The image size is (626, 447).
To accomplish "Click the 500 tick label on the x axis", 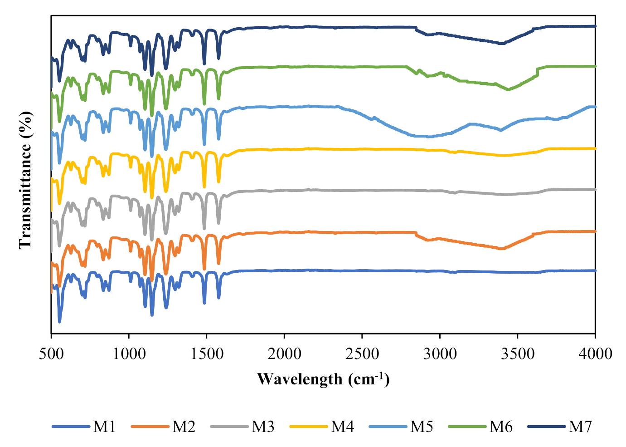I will click(x=51, y=354).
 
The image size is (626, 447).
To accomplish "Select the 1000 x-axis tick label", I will click(x=129, y=354).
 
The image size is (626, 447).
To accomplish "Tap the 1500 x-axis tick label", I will click(x=207, y=354).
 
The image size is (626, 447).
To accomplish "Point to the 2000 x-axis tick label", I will click(x=284, y=354).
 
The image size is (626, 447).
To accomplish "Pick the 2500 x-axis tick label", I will click(x=362, y=354).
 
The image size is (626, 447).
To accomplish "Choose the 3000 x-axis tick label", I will click(x=440, y=354).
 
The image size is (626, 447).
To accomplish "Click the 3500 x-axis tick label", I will click(x=518, y=354).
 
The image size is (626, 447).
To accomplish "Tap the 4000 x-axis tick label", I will click(x=595, y=354).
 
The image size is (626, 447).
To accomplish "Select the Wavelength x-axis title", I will click(x=323, y=378).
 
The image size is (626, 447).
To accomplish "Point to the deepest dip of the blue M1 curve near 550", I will click(x=59, y=321).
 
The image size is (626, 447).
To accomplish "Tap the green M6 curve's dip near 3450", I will click(x=508, y=90).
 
